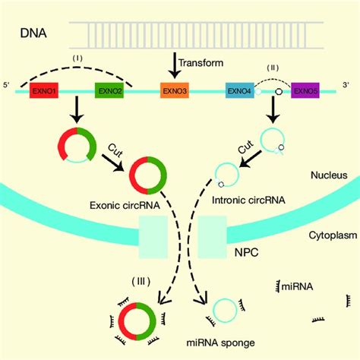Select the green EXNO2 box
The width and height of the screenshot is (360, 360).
(x=107, y=90)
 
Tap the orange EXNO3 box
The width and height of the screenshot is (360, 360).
(x=174, y=90)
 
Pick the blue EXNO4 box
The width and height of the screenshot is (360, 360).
(x=237, y=90)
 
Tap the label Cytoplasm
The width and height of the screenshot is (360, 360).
(x=327, y=235)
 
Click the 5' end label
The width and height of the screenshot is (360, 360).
(x=9, y=84)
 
